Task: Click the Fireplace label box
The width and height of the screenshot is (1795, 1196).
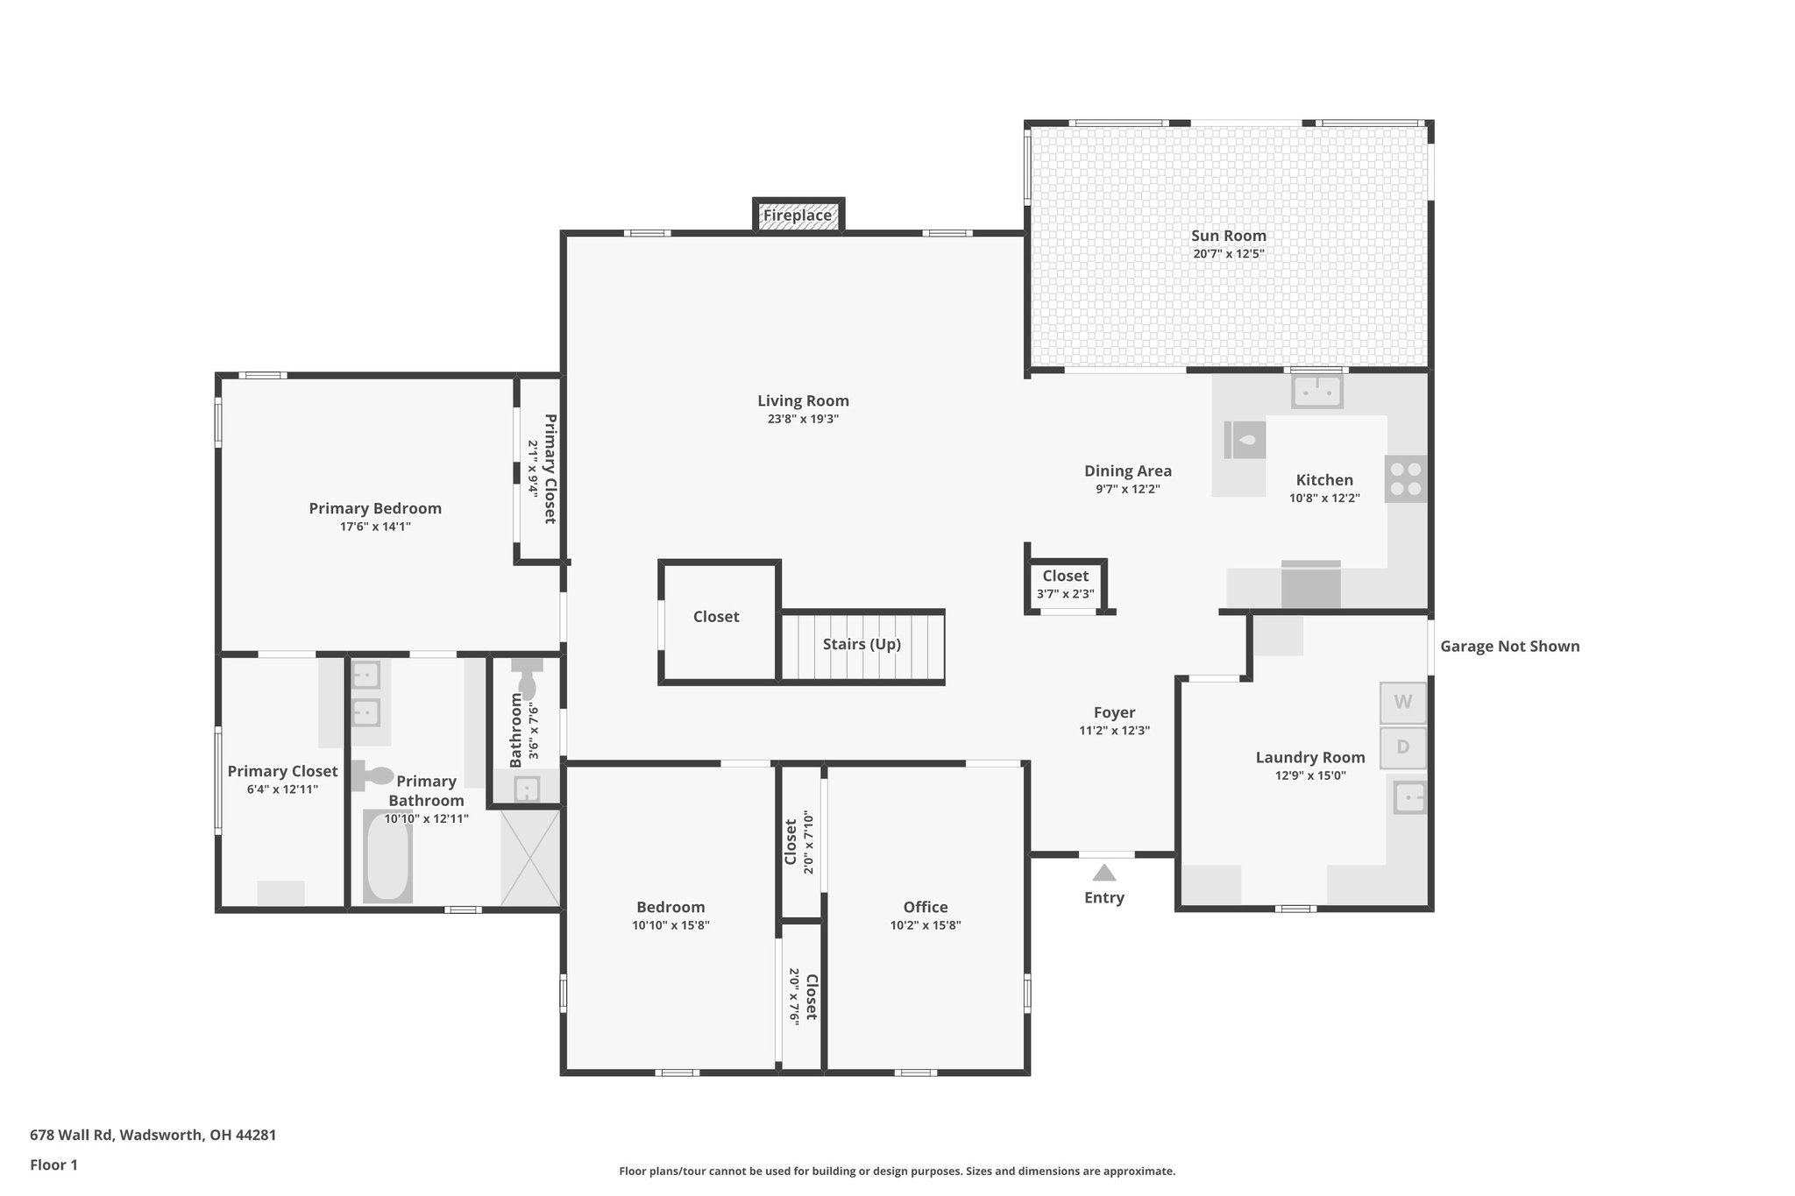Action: click(x=797, y=216)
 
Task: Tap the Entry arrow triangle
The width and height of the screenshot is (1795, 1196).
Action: click(x=1103, y=873)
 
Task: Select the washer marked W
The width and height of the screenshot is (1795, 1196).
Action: click(x=1402, y=702)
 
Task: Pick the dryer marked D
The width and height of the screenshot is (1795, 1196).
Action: click(x=1402, y=747)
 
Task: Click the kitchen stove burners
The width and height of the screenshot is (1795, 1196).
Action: click(x=1405, y=478)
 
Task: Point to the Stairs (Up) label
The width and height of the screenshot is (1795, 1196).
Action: click(x=861, y=644)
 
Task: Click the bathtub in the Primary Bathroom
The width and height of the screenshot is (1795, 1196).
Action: click(x=387, y=858)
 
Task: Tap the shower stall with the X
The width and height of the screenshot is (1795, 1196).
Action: click(x=529, y=858)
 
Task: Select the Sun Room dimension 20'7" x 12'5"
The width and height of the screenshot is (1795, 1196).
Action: click(x=1228, y=254)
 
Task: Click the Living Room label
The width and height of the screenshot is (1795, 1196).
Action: click(x=803, y=400)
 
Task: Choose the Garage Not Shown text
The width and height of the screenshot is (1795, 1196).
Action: click(x=1509, y=647)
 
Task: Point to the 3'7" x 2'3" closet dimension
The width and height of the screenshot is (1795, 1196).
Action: click(x=1065, y=594)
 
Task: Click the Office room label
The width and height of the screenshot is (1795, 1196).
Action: click(x=926, y=907)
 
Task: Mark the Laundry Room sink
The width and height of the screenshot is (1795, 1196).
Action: click(x=1409, y=798)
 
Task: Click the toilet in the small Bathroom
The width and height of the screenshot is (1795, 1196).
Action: click(x=527, y=679)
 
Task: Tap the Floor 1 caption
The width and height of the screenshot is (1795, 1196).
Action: click(x=53, y=1164)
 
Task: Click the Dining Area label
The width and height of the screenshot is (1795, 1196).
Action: click(x=1127, y=471)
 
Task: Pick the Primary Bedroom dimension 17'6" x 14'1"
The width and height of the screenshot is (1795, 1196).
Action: click(x=375, y=527)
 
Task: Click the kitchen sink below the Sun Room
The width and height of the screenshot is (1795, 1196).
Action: click(x=1316, y=392)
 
